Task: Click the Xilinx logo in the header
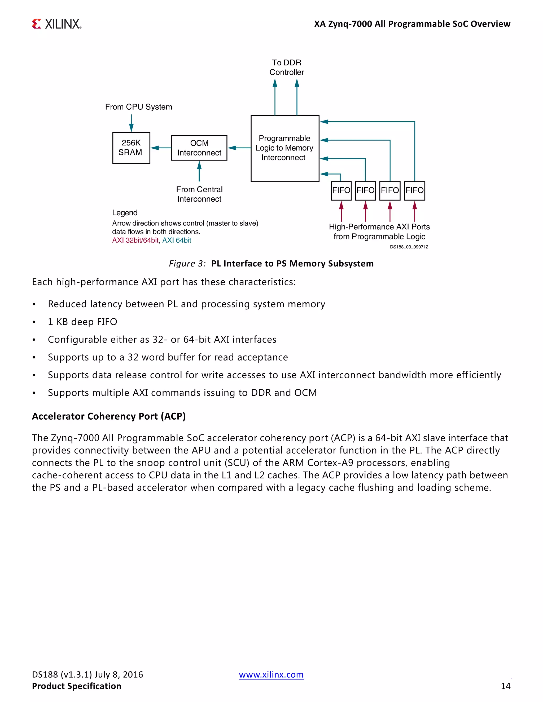(x=57, y=24)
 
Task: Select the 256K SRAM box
(x=131, y=148)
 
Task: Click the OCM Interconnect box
(x=199, y=148)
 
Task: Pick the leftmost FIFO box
(x=341, y=191)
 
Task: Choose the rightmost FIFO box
(x=414, y=191)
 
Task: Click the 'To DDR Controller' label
(x=286, y=68)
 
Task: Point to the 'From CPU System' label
(x=138, y=107)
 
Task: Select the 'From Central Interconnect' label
(x=199, y=194)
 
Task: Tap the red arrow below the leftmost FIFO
(x=341, y=211)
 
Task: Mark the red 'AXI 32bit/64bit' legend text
(x=135, y=241)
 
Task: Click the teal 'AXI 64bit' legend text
(x=177, y=241)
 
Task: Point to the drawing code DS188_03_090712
(x=409, y=247)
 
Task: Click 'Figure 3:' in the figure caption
(x=187, y=264)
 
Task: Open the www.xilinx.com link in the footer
(x=271, y=674)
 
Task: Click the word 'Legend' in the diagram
(x=125, y=213)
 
